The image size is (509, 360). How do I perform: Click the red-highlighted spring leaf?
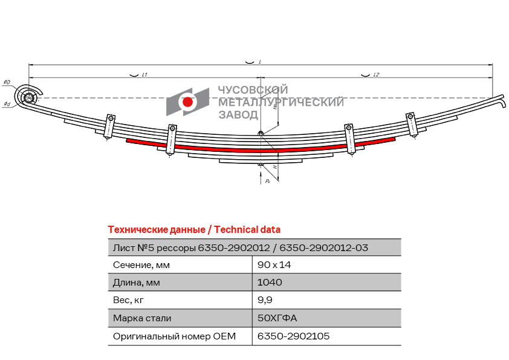(x=261, y=149)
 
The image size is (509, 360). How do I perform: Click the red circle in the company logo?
(x=187, y=102)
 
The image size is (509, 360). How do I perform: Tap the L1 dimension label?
(x=144, y=75)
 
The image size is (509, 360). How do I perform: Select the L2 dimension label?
(x=376, y=75)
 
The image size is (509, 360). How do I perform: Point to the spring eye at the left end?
(x=28, y=96)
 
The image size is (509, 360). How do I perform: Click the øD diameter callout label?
(x=7, y=82)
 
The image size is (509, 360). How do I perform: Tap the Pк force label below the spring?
(x=268, y=181)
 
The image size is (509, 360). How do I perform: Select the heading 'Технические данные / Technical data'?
(x=194, y=230)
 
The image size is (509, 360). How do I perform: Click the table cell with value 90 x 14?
(x=274, y=265)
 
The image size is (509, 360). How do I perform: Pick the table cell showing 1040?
(x=270, y=283)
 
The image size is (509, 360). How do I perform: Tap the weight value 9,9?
(x=265, y=300)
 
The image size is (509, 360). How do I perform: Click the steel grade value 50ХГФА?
(x=277, y=318)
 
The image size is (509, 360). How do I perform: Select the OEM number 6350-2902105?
(x=293, y=336)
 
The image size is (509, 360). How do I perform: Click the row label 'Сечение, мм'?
(x=141, y=265)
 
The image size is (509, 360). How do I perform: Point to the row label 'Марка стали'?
(x=142, y=318)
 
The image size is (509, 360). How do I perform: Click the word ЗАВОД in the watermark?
(x=238, y=115)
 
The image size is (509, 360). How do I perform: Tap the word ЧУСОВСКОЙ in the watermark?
(x=253, y=90)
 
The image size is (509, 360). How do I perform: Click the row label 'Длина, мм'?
(x=137, y=283)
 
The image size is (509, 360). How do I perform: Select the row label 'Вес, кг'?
(x=128, y=300)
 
